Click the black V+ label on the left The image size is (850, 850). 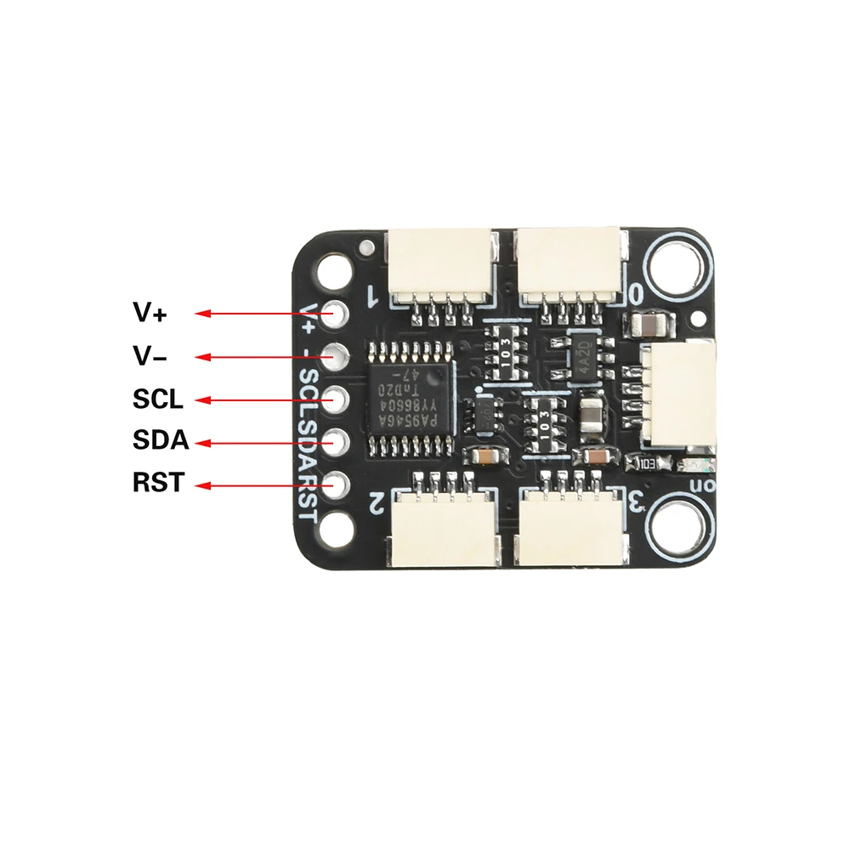[150, 313]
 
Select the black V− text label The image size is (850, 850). [150, 357]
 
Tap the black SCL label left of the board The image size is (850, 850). [158, 399]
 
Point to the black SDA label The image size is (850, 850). [160, 441]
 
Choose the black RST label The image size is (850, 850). [158, 483]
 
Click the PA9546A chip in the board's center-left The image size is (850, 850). [411, 399]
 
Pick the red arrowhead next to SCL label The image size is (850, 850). [201, 399]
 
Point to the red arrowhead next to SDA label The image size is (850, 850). [201, 442]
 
